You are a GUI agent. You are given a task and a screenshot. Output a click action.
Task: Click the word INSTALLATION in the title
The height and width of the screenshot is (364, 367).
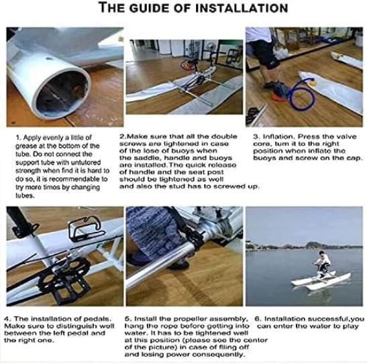click(x=242, y=8)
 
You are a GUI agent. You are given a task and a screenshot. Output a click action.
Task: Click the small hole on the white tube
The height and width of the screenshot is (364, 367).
click(x=49, y=58)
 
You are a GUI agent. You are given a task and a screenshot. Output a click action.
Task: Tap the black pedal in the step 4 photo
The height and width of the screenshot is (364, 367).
click(x=64, y=280)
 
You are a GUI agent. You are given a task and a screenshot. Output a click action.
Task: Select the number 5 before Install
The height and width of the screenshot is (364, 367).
click(x=127, y=319)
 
